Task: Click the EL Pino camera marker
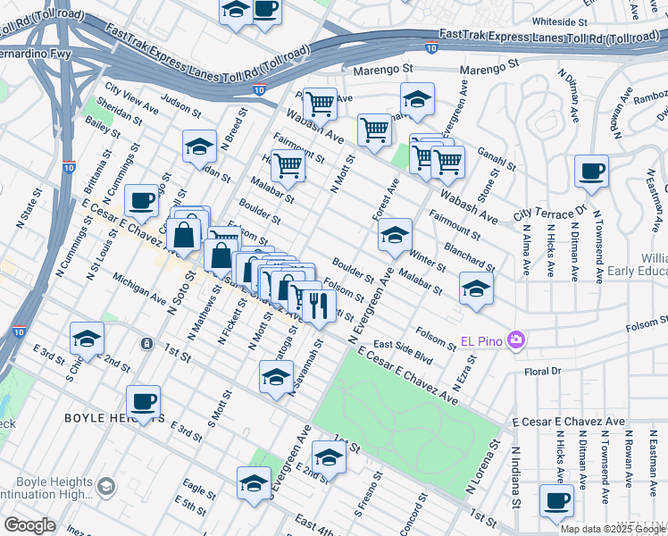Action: pyautogui.click(x=516, y=340)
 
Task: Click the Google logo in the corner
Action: pyautogui.click(x=29, y=525)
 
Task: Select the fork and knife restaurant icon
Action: pyautogui.click(x=317, y=306)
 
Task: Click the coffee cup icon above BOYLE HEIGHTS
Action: pyautogui.click(x=144, y=401)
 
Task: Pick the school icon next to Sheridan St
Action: pyautogui.click(x=199, y=146)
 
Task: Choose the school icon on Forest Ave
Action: pyautogui.click(x=395, y=235)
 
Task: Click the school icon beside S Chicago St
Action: pyautogui.click(x=87, y=338)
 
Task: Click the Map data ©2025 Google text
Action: pyautogui.click(x=613, y=529)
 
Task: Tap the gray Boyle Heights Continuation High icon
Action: pyautogui.click(x=106, y=486)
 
